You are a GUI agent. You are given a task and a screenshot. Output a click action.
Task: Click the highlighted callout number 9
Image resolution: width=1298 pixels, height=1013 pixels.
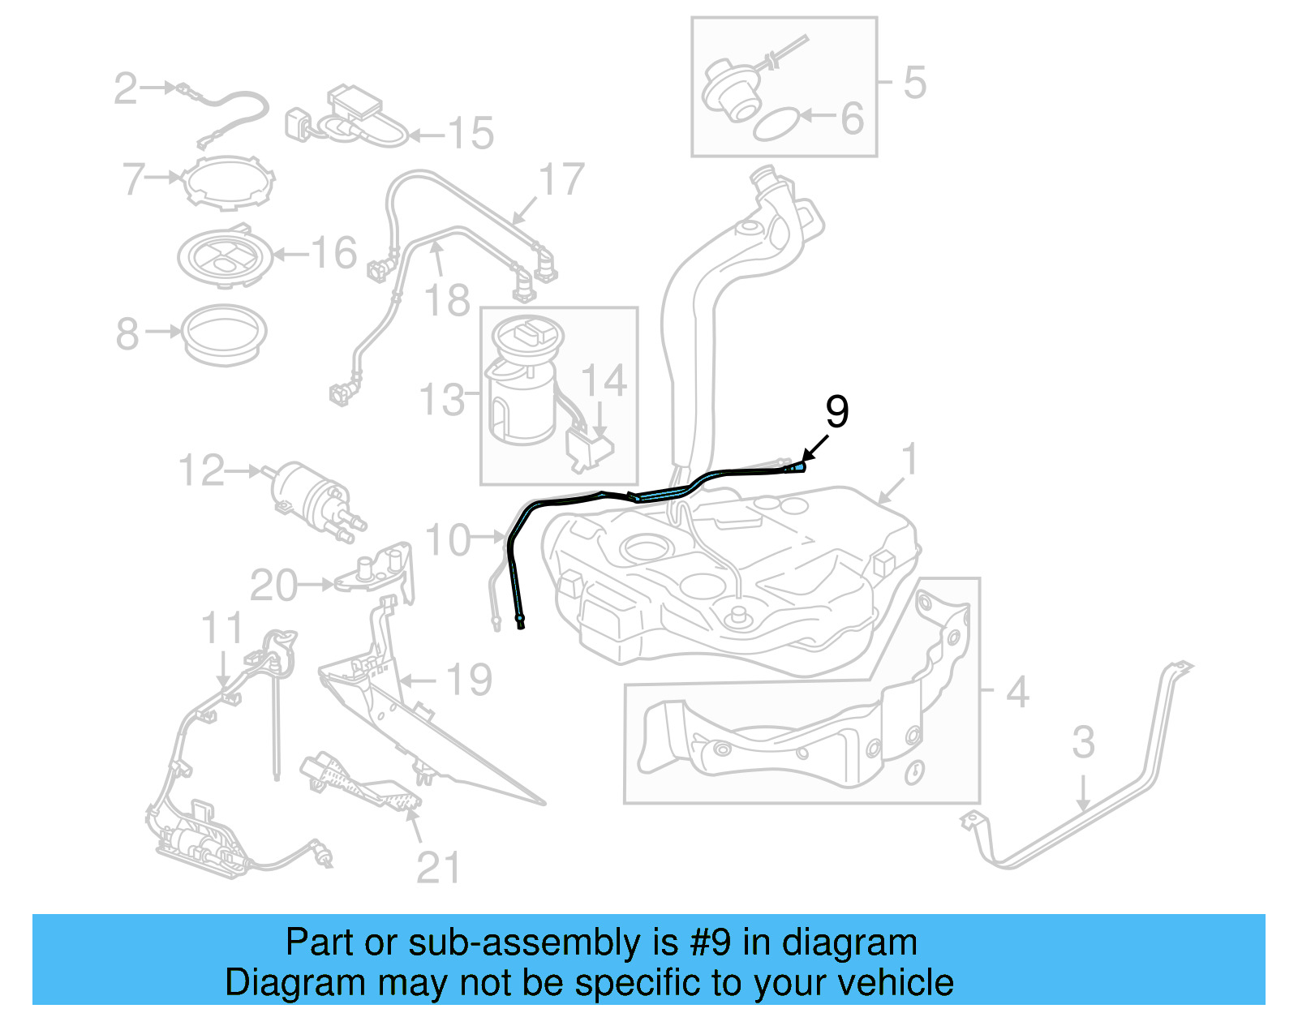tap(836, 412)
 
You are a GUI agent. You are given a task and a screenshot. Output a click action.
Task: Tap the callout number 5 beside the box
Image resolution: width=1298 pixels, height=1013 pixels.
tap(914, 83)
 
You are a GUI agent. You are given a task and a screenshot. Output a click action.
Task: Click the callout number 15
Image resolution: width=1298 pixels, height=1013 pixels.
tap(471, 133)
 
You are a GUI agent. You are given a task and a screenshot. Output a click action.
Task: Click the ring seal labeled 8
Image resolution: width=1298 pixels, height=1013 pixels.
tap(224, 333)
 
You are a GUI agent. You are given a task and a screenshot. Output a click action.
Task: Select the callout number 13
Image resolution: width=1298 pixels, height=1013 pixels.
tap(442, 400)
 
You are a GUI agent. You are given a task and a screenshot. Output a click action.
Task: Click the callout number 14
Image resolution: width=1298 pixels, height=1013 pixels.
tap(604, 380)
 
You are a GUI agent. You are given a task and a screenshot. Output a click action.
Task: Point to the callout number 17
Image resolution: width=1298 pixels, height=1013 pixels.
tap(562, 180)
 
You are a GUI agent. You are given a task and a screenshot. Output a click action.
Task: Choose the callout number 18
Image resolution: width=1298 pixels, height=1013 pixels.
tap(447, 301)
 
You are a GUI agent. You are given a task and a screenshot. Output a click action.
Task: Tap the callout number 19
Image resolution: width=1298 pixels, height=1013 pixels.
tap(469, 680)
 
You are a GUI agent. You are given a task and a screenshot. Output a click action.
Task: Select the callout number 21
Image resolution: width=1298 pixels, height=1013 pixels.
tap(438, 869)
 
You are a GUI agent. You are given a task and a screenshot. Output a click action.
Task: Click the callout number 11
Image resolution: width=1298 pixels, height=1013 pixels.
tap(221, 629)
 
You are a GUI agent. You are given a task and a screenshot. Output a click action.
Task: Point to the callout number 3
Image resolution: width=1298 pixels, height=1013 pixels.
tap(1083, 743)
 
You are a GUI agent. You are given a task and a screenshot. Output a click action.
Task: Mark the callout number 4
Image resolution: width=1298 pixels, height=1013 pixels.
tap(1017, 692)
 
